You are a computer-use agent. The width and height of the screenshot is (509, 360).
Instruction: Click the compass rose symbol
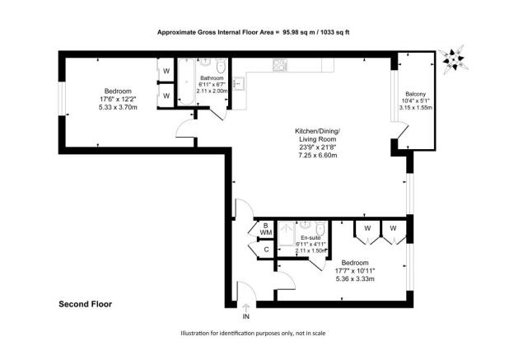[x=453, y=60]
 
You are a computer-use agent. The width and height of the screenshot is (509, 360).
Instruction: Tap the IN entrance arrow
[x=246, y=307]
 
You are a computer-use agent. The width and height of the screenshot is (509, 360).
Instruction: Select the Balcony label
[x=415, y=94]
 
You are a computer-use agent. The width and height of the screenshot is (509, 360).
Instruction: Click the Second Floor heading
[x=85, y=304]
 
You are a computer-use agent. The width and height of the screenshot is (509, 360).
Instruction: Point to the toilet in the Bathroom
[x=221, y=66]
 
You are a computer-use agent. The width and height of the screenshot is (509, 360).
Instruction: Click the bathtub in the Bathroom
[x=186, y=82]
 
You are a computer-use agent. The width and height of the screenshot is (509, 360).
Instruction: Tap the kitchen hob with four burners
[x=280, y=65]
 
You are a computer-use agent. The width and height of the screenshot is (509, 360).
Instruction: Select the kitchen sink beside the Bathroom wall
[x=239, y=83]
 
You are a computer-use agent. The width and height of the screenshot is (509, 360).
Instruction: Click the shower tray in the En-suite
[x=287, y=233]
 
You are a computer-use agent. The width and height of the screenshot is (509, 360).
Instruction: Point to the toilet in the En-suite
[x=320, y=230]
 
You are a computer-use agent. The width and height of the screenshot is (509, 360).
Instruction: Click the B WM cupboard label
[x=266, y=229]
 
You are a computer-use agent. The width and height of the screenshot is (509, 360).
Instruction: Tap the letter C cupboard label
[x=267, y=250]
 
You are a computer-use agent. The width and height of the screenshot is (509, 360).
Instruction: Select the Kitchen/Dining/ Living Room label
[x=317, y=135]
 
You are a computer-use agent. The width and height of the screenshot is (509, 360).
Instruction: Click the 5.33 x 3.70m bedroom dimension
[x=118, y=107]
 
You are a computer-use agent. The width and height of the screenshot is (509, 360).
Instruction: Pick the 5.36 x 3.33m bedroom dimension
[x=355, y=278]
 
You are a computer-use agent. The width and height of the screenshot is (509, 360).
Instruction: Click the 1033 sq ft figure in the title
[x=334, y=32]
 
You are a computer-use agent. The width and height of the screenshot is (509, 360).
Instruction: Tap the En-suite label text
[x=311, y=238]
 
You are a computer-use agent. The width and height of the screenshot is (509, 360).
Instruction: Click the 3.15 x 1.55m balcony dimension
[x=415, y=108]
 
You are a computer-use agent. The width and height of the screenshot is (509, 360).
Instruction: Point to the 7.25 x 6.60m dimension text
[x=317, y=155]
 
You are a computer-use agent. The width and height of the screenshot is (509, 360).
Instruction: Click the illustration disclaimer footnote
[x=253, y=333]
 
